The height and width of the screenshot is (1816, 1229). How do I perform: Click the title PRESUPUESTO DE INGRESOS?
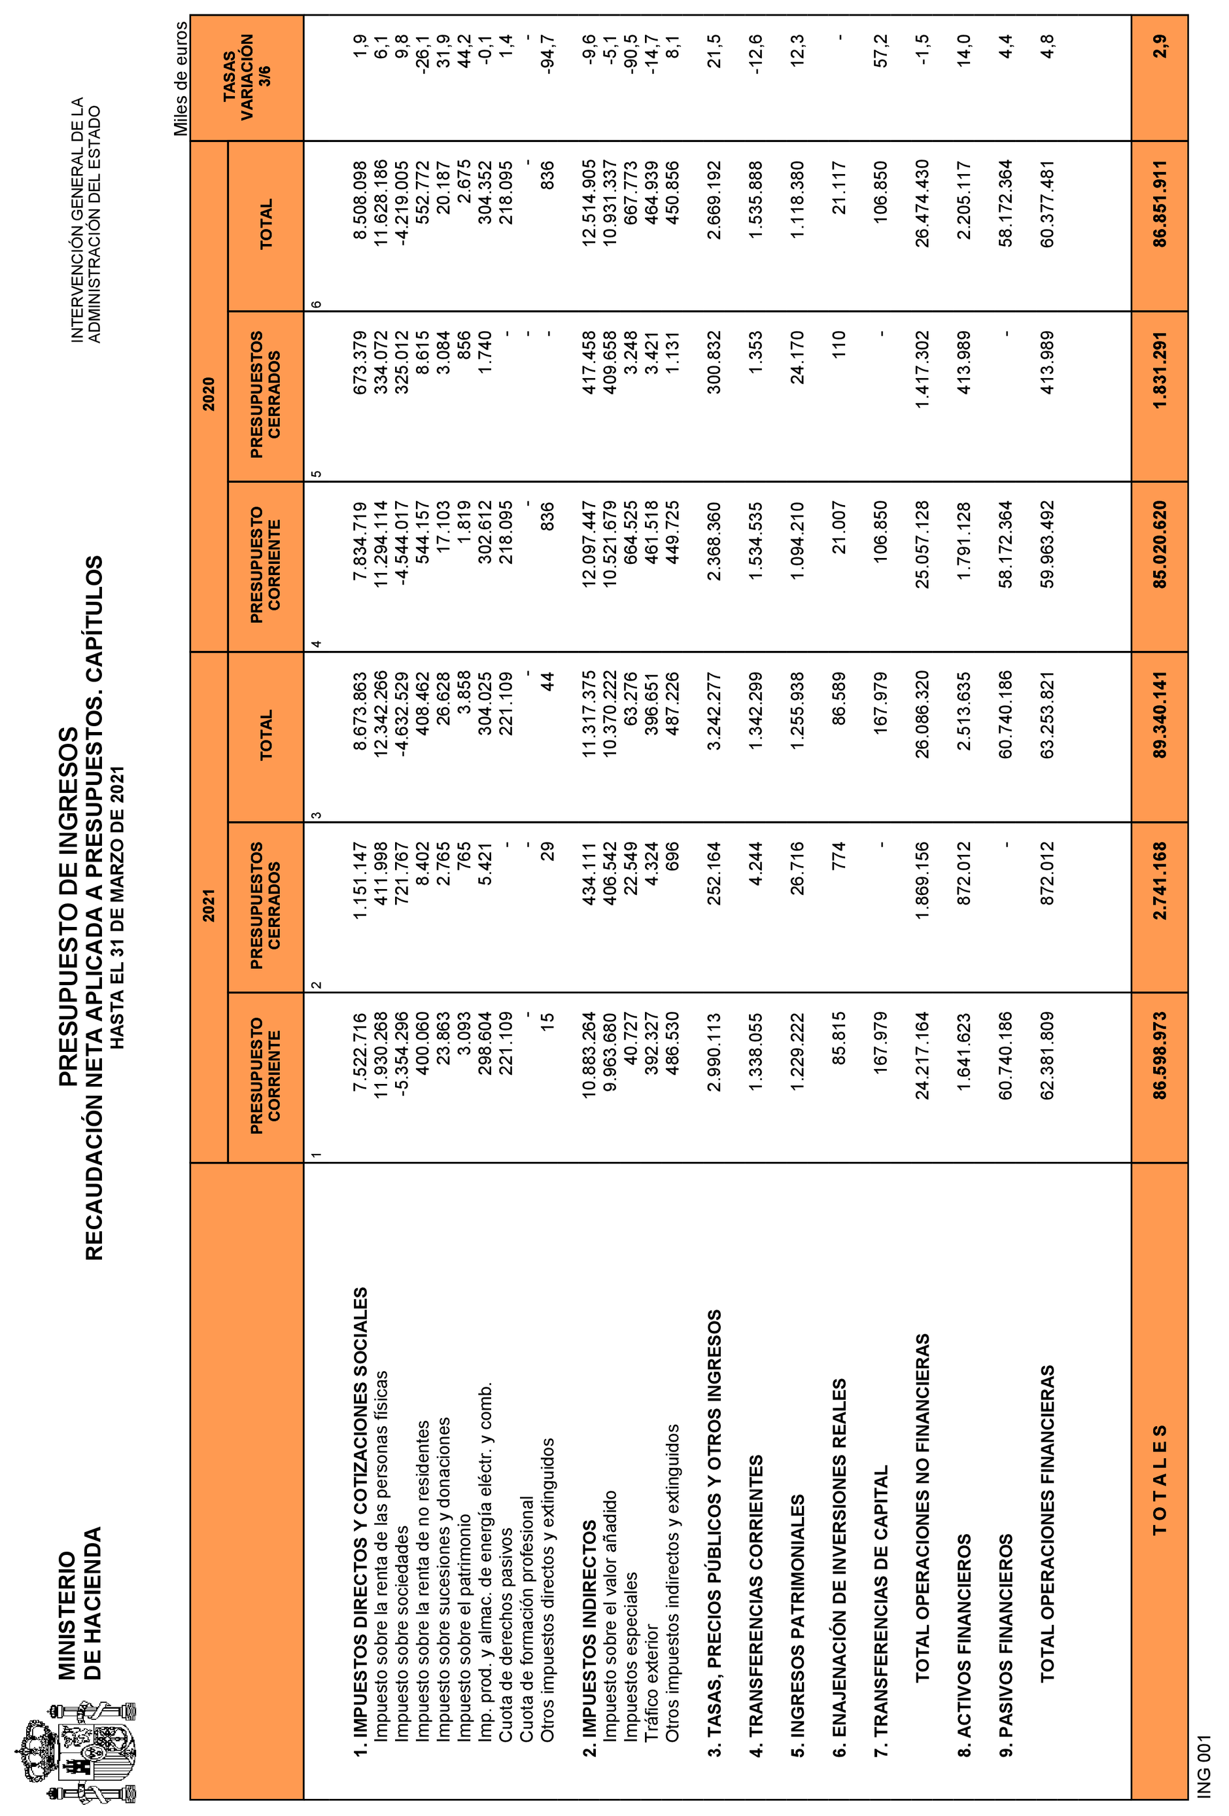[x=69, y=907]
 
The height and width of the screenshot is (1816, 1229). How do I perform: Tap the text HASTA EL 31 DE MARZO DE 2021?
[x=117, y=907]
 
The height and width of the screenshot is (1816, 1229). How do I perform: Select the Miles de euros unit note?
[x=180, y=78]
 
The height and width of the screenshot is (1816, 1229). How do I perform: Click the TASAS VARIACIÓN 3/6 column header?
[x=247, y=77]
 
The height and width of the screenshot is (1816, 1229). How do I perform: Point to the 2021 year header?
[x=209, y=907]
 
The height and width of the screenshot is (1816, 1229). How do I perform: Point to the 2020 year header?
[x=209, y=394]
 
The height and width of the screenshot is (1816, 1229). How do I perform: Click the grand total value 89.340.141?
[x=1160, y=714]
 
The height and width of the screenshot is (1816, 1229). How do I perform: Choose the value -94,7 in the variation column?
[x=546, y=53]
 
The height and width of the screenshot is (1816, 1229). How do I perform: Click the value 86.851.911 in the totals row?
[x=1160, y=203]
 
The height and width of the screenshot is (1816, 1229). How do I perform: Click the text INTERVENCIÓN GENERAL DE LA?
[x=77, y=218]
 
